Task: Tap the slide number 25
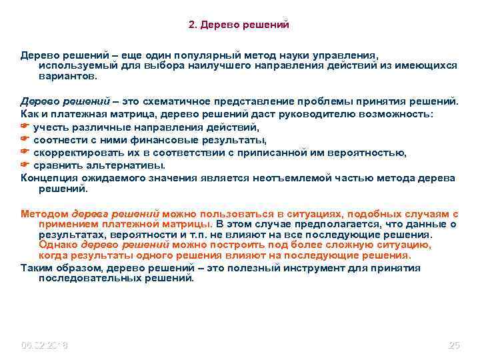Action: (x=454, y=345)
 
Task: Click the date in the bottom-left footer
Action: (x=45, y=345)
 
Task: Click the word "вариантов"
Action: (x=67, y=76)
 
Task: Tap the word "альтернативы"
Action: (x=122, y=165)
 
